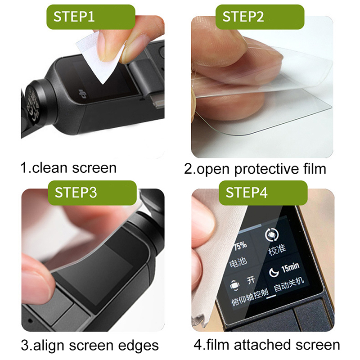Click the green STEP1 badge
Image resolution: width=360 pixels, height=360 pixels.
[91, 17]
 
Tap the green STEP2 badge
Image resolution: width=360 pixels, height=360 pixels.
[260, 17]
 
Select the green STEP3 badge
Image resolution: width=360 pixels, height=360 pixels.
[92, 193]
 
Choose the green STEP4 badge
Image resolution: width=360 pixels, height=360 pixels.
[263, 193]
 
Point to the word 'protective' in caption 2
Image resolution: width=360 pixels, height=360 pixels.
[266, 170]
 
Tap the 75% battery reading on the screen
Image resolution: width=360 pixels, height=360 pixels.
[240, 246]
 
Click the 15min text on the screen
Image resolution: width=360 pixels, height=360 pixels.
[290, 267]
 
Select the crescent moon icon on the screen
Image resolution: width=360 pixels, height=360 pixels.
[274, 272]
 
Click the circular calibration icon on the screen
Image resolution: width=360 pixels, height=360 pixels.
[272, 235]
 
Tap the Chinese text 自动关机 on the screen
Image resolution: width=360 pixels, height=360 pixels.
[289, 285]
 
